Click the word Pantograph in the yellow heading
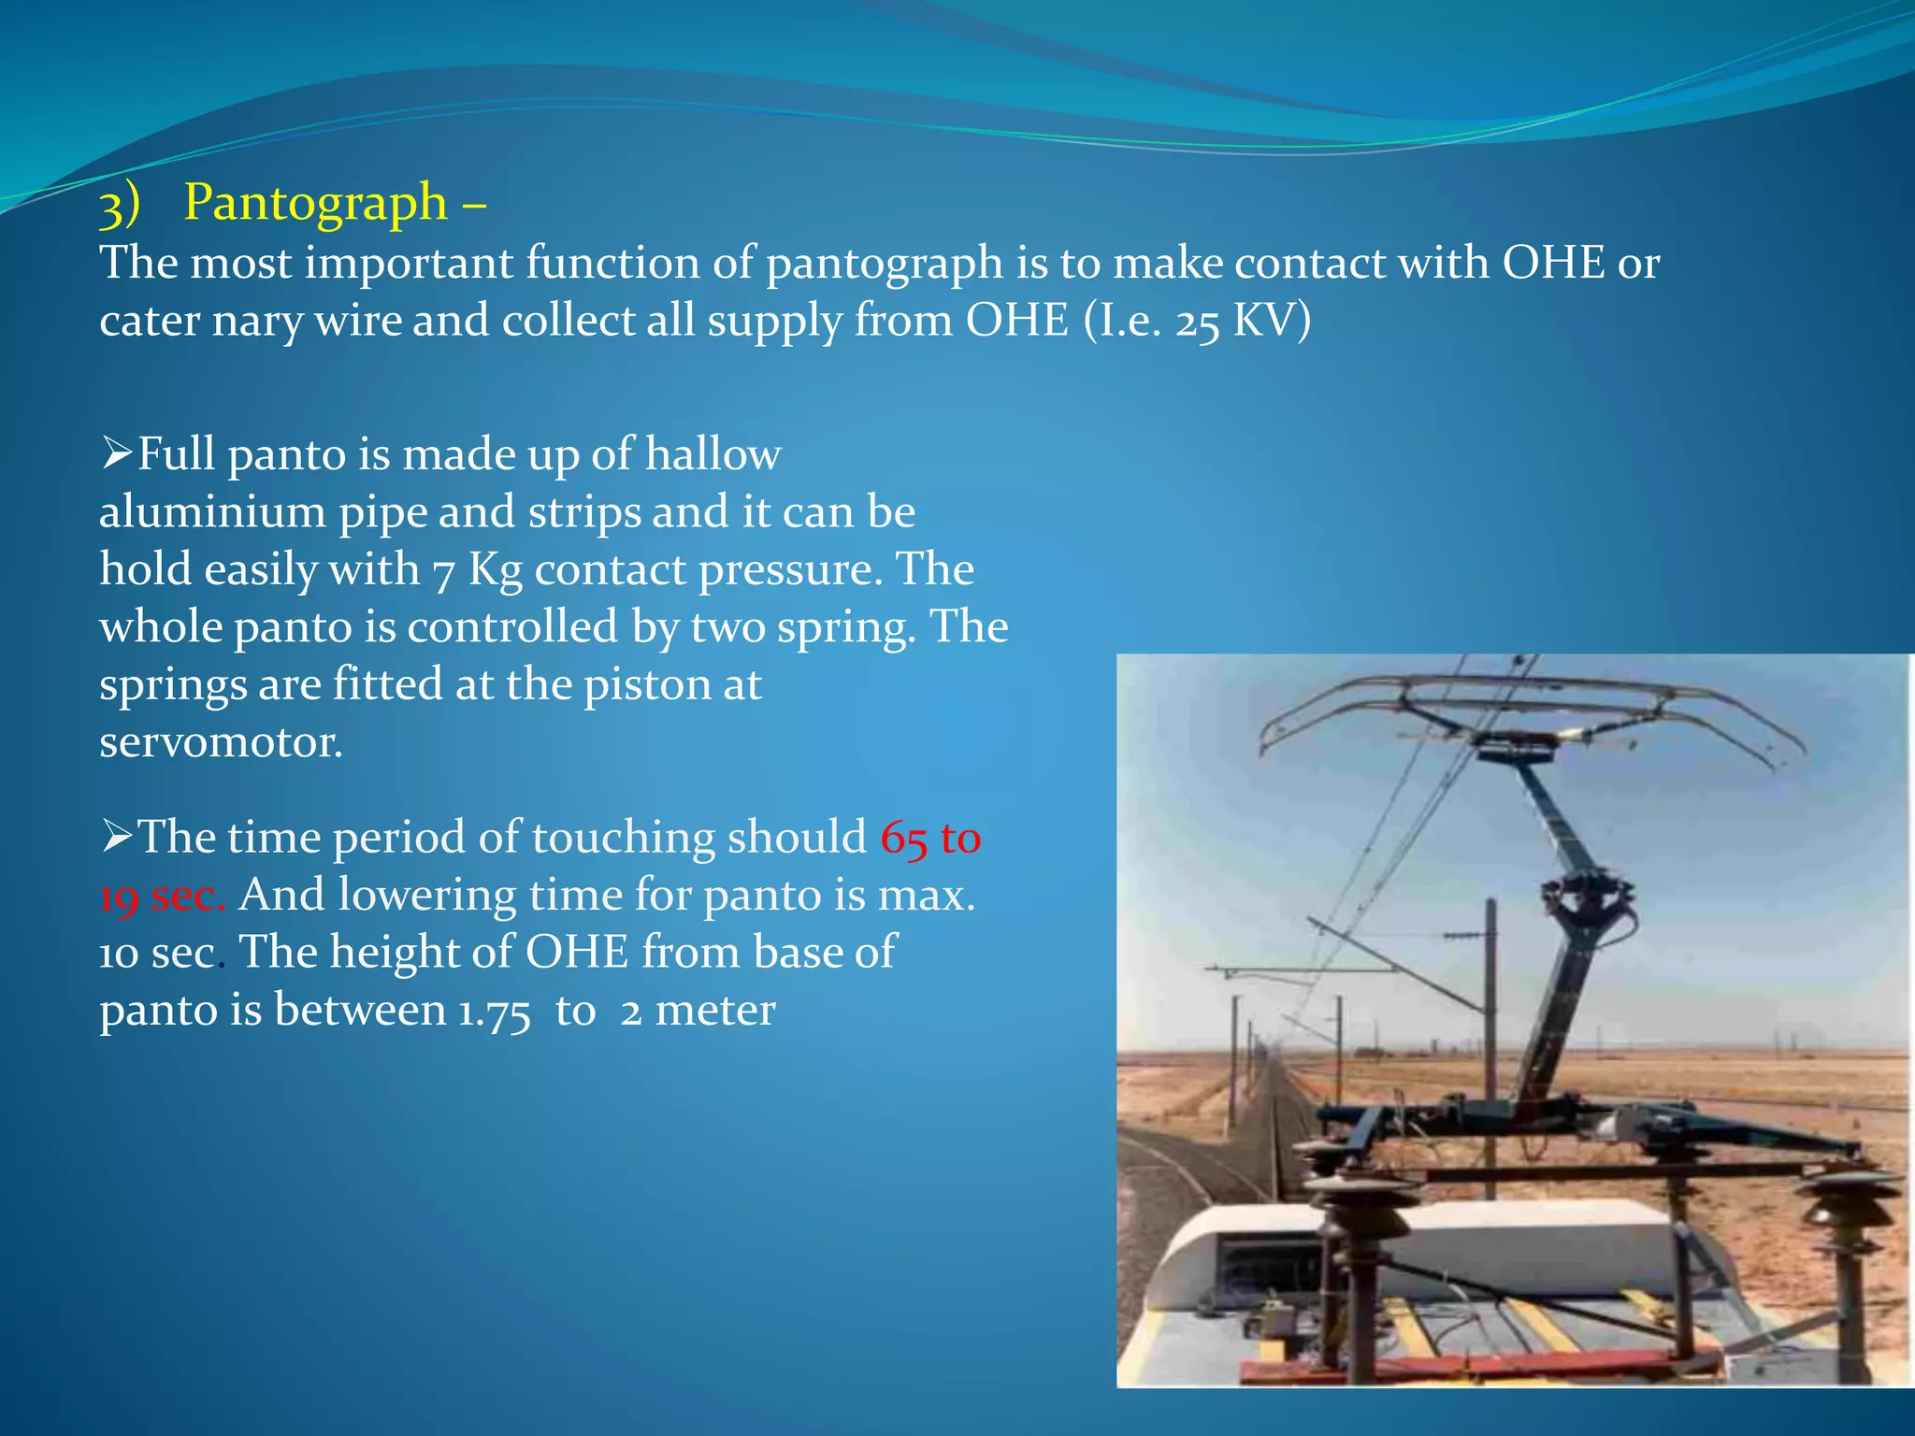pos(315,203)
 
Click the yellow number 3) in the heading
pos(120,205)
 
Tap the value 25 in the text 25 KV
pos(1197,322)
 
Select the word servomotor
pos(221,742)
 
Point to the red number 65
pos(903,838)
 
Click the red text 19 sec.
pos(162,896)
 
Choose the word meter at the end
pos(715,1011)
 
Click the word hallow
pos(713,454)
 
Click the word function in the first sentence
pos(612,263)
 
